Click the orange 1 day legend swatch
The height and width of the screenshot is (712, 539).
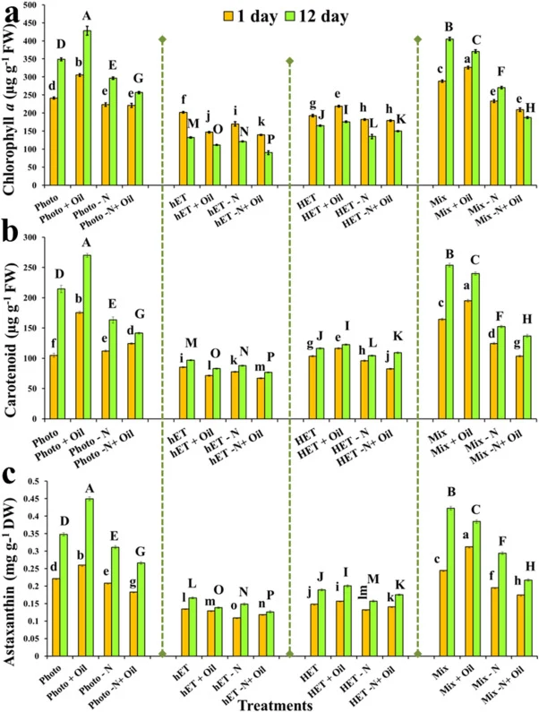click(x=227, y=17)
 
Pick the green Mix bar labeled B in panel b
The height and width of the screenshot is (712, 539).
click(x=449, y=342)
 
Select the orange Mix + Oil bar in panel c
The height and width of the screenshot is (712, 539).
click(x=467, y=602)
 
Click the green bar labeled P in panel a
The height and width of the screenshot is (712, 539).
click(x=269, y=169)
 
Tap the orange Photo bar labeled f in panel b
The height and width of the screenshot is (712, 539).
click(x=54, y=387)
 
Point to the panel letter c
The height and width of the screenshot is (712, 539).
click(x=10, y=475)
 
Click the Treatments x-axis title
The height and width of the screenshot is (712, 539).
click(x=275, y=705)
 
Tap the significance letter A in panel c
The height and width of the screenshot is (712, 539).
click(x=90, y=488)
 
